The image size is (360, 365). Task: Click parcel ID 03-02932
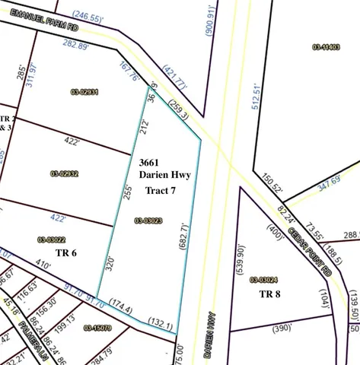click(x=65, y=173)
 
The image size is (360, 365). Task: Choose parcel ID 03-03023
click(x=150, y=221)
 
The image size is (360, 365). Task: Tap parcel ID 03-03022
click(x=52, y=240)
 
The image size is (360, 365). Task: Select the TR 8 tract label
click(x=271, y=294)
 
